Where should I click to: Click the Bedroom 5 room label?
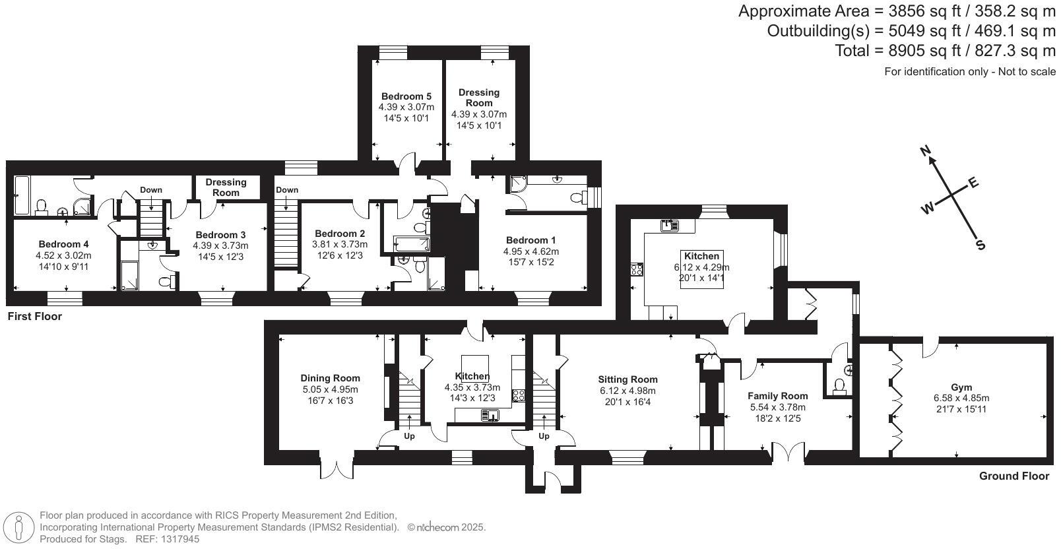[406, 96]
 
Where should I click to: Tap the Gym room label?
[961, 387]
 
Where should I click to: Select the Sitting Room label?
[627, 379]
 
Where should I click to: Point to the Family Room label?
[777, 396]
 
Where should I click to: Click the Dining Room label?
[330, 378]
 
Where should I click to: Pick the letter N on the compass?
[926, 152]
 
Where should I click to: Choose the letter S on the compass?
[981, 245]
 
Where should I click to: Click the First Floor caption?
[34, 317]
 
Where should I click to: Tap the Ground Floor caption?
[1013, 476]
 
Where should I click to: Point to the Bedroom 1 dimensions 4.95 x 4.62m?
[530, 251]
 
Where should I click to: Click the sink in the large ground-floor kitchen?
[670, 225]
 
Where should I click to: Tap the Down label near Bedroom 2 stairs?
[287, 190]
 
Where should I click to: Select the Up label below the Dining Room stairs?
[409, 436]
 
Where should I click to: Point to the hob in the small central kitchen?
[519, 396]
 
